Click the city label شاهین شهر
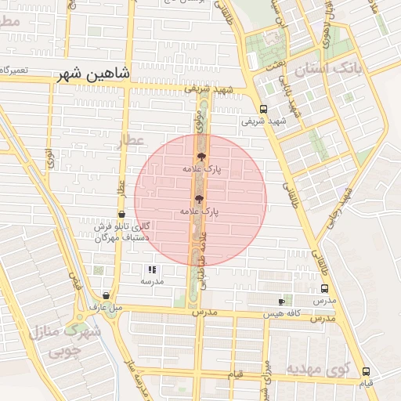pyautogui.click(x=95, y=76)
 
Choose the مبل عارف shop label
pyautogui.click(x=105, y=308)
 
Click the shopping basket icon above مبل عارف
pyautogui.click(x=106, y=295)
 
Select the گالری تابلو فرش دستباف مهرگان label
pyautogui.click(x=122, y=232)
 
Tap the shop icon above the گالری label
pyautogui.click(x=121, y=214)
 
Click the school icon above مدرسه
pyautogui.click(x=151, y=269)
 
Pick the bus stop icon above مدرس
pyautogui.click(x=324, y=288)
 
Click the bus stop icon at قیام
pyautogui.click(x=366, y=371)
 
